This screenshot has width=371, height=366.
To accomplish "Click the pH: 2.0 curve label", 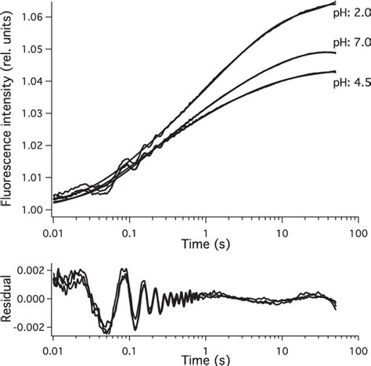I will pyautogui.click(x=350, y=13).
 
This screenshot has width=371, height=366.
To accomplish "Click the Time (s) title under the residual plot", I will pyautogui.click(x=206, y=360).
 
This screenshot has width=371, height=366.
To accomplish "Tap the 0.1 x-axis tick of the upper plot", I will pyautogui.click(x=129, y=233).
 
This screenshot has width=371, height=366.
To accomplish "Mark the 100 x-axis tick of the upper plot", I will pyautogui.click(x=358, y=233).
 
